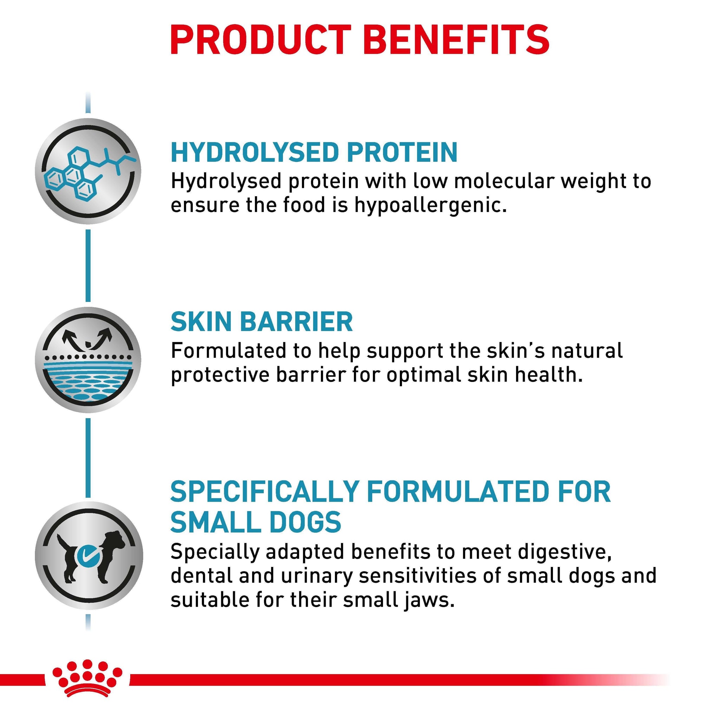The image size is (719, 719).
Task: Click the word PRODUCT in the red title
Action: (x=260, y=40)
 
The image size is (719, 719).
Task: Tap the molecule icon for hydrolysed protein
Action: (x=88, y=171)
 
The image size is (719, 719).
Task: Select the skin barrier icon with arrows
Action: (x=88, y=359)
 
